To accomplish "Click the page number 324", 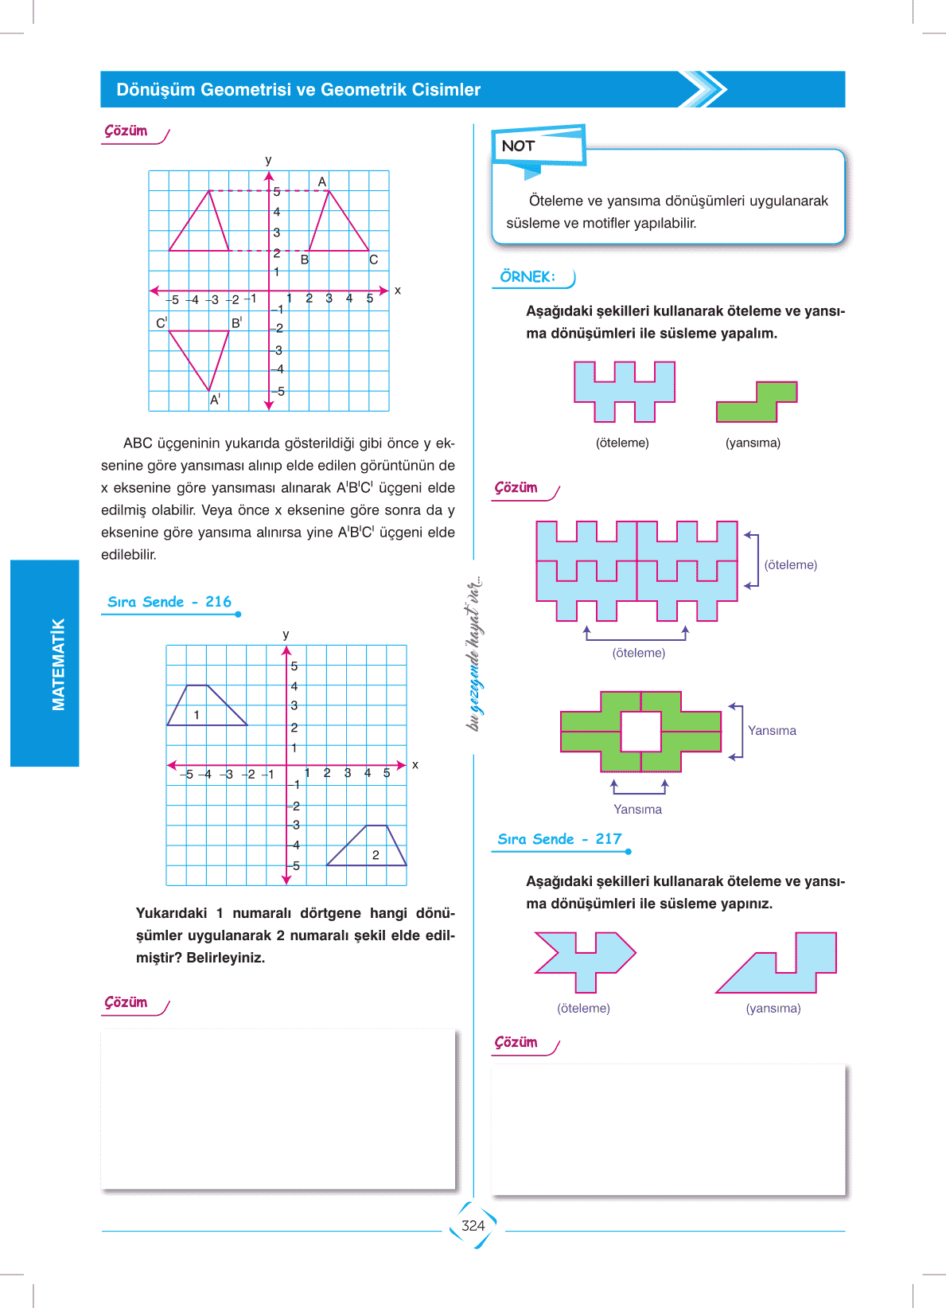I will coord(473,1225).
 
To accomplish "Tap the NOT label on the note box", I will coord(518,146).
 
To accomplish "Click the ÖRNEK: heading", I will coord(528,277).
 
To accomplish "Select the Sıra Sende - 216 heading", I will coord(169,602).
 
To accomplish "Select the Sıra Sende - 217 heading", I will coord(559,839).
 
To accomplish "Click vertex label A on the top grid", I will coord(322,182).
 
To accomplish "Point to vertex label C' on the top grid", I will coord(162,322).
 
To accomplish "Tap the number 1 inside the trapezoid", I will coord(197,715).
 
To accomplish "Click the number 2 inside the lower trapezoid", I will coord(376,855).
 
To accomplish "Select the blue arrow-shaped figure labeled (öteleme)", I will coord(586,959).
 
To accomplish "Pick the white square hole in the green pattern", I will coord(640,731).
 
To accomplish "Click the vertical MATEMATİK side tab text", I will coord(58,664).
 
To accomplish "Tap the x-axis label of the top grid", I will coord(398,291).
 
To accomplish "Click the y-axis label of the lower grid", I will coord(286,634).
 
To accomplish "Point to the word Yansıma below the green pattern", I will coord(637,809).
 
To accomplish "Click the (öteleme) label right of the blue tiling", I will coord(790,564).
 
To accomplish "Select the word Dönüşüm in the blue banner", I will coord(156,90).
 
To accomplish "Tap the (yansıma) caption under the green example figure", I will coord(753,443).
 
